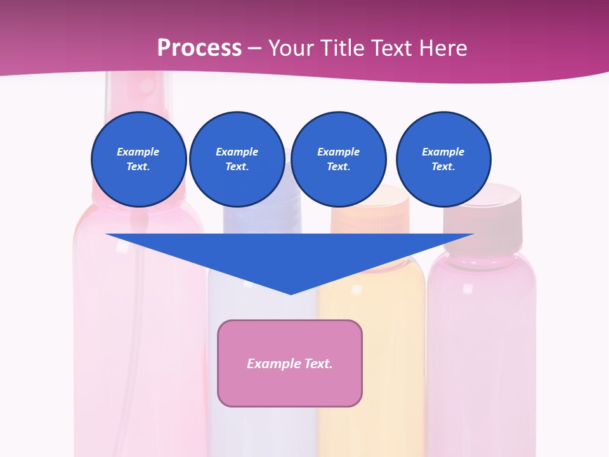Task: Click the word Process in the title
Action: pyautogui.click(x=199, y=48)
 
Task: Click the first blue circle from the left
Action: pyautogui.click(x=138, y=159)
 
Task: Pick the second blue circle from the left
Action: pyautogui.click(x=237, y=159)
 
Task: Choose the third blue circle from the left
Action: pyautogui.click(x=338, y=159)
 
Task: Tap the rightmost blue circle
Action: pyautogui.click(x=443, y=159)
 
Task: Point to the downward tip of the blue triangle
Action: pyautogui.click(x=291, y=293)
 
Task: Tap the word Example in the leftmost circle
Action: pyautogui.click(x=138, y=152)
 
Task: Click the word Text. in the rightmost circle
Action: pyautogui.click(x=443, y=167)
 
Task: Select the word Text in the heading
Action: pyautogui.click(x=388, y=48)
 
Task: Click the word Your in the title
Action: pyautogui.click(x=289, y=48)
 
